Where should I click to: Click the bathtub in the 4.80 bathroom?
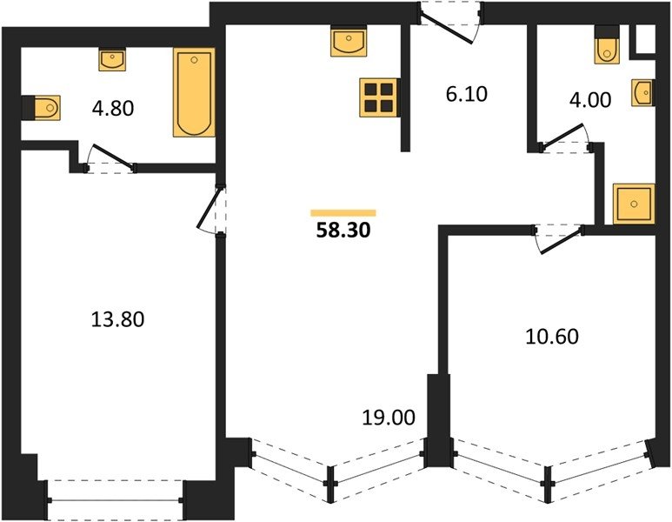point(194,92)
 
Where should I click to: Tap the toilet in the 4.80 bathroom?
point(42,108)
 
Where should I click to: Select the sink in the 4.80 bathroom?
point(112,59)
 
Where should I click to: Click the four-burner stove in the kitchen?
point(379,97)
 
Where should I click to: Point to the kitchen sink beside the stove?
point(349,41)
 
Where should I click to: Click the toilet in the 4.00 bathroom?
point(607,44)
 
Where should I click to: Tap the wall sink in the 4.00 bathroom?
point(642,92)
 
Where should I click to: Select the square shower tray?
point(634,204)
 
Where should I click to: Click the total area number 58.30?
point(343,231)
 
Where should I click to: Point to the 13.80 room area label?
point(118,319)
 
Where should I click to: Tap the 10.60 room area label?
point(552,337)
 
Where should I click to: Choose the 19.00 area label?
point(389,418)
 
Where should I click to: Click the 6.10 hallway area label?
point(466,94)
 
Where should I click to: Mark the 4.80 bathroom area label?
point(113,108)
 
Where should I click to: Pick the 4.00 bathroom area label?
point(590,100)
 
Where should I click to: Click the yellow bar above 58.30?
point(343,213)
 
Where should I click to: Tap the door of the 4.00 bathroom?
point(562,137)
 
